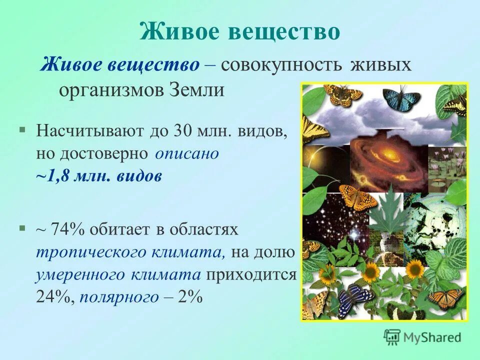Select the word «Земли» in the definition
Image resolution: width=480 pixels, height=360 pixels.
(x=200, y=90)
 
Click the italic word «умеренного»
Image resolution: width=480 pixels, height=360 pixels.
(x=80, y=274)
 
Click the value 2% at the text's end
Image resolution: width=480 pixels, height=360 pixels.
(x=190, y=297)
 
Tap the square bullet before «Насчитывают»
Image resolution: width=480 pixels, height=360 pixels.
(x=22, y=129)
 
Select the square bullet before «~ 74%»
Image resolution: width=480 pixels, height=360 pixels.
(x=22, y=228)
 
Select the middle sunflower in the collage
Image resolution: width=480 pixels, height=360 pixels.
(x=370, y=272)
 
